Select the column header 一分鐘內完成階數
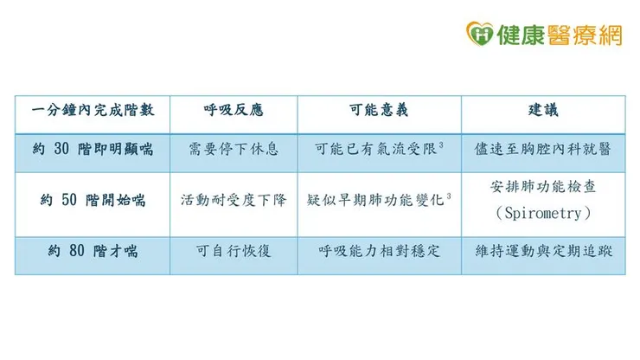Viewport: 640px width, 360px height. coord(92,113)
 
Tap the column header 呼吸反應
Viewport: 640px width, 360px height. coord(234,113)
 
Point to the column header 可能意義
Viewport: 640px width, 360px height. coord(379,113)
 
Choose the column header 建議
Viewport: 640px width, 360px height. coord(543,113)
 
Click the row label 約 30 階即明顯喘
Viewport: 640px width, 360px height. coord(92,150)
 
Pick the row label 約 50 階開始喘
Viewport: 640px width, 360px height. coord(92,201)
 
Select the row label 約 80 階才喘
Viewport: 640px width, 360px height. coord(92,252)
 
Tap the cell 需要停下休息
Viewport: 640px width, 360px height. coord(234,150)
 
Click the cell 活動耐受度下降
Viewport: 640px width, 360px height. coord(234,201)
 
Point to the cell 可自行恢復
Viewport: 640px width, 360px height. coord(234,252)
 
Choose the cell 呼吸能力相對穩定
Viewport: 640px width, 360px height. coord(379,252)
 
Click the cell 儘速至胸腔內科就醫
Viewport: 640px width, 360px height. coord(543,150)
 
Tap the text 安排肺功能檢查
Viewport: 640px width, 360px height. coord(543,187)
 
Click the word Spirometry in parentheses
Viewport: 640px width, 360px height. coord(543,213)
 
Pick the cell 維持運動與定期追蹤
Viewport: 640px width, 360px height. coord(543,252)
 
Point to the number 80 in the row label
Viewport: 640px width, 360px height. coord(73,252)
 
